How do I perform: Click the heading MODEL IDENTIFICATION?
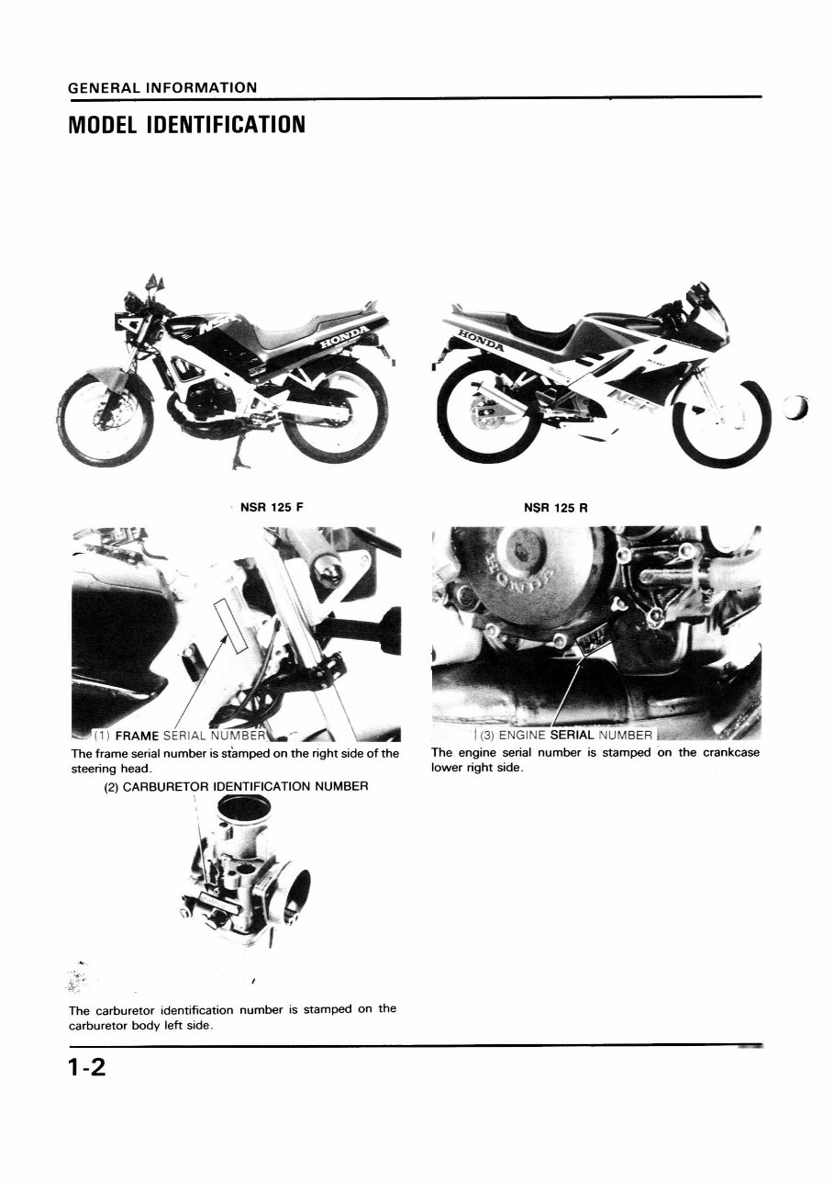[186, 124]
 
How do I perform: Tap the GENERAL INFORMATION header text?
[162, 88]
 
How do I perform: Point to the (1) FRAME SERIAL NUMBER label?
[180, 737]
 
